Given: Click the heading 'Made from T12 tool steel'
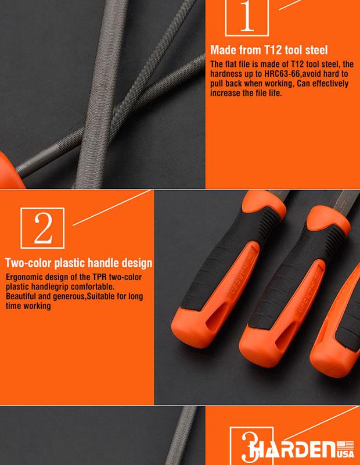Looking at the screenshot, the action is click(269, 50).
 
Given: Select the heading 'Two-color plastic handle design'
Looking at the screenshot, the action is click(78, 263).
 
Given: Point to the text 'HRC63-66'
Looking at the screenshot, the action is click(282, 74).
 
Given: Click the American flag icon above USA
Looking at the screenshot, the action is click(345, 445).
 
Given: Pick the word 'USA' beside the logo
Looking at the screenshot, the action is click(345, 454).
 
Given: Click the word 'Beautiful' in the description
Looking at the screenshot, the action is click(20, 296).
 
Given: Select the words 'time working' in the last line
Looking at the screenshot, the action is click(28, 306).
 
